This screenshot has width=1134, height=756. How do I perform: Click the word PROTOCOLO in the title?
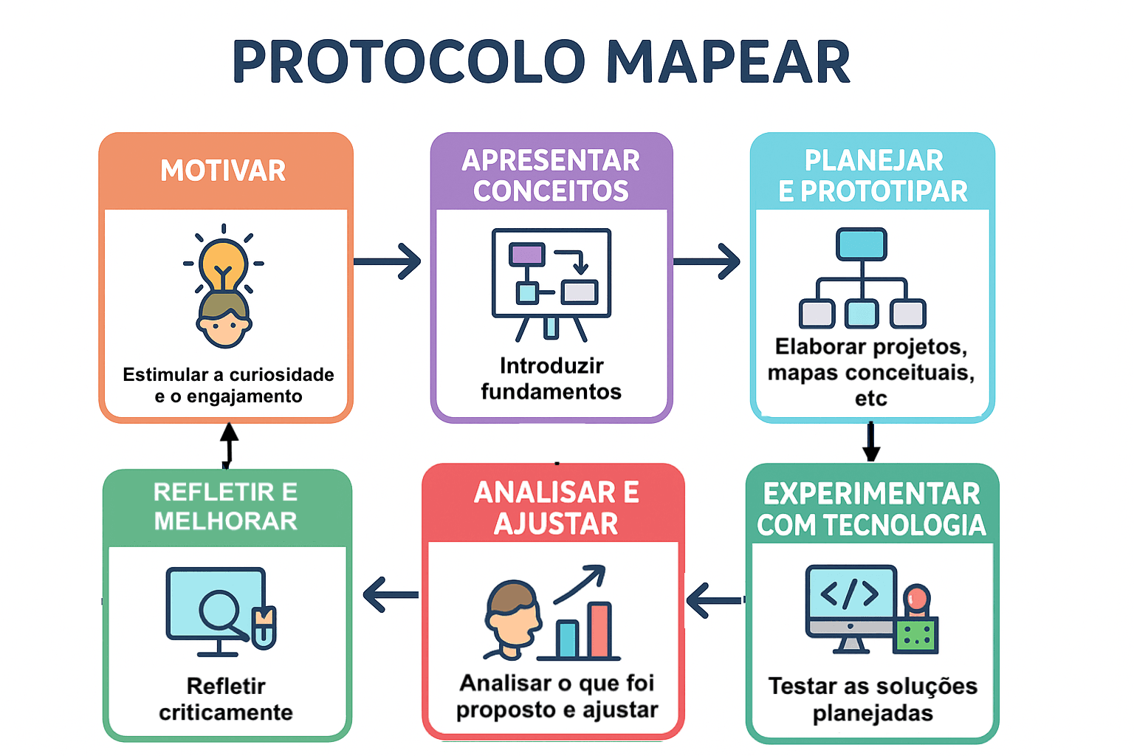[x=409, y=62]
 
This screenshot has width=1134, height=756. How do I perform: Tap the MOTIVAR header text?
[x=223, y=171]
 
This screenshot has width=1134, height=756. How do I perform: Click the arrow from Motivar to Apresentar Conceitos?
[x=388, y=261]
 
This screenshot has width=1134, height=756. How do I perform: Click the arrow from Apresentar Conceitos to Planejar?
[x=707, y=261]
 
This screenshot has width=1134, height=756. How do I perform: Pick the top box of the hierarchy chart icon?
[x=862, y=244]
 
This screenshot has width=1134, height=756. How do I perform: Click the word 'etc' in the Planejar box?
[x=870, y=399]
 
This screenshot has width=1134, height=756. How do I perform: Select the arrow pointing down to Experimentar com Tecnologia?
[x=871, y=441]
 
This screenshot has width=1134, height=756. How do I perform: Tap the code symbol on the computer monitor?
[x=850, y=593]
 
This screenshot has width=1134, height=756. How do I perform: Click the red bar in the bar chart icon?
[x=599, y=630]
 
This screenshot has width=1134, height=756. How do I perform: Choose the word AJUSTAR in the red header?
[x=556, y=524]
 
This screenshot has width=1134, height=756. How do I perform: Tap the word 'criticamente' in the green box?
[x=226, y=712]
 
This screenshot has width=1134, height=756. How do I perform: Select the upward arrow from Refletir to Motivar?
[x=229, y=444]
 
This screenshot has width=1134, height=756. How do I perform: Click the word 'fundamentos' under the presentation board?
[x=551, y=391]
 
